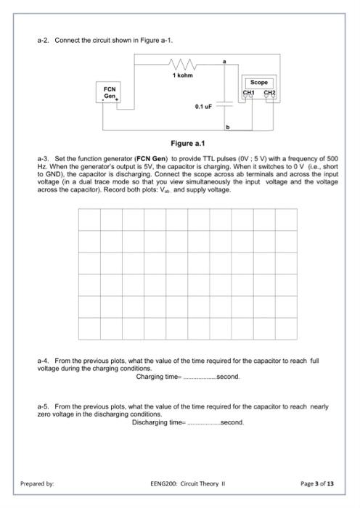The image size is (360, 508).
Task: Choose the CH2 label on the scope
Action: pyautogui.click(x=269, y=94)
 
